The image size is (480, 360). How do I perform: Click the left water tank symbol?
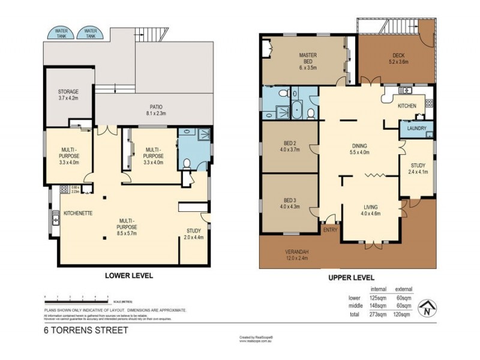tap(61, 33)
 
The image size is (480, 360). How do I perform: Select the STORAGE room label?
tap(68, 95)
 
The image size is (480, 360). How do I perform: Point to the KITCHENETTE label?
tap(78, 213)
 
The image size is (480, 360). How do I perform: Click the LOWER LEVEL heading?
tap(128, 276)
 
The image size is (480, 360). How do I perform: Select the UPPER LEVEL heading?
tap(351, 278)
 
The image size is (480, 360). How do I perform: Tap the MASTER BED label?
tap(308, 58)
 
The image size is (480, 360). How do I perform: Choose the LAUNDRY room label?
tap(416, 128)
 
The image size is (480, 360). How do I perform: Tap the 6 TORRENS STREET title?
tap(86, 329)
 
